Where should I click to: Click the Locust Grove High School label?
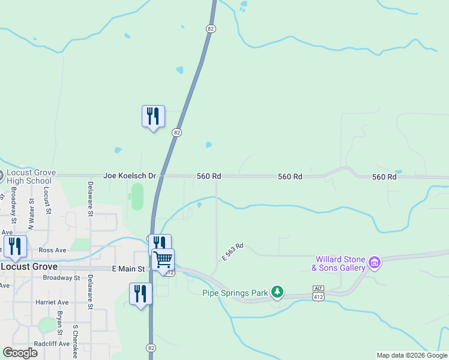click(x=31, y=176)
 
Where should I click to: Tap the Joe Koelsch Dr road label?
click(x=129, y=176)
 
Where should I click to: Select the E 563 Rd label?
click(x=232, y=251)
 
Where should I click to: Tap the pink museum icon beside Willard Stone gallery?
click(x=374, y=262)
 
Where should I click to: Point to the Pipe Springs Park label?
click(x=235, y=293)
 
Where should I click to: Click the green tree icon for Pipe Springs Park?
click(x=277, y=292)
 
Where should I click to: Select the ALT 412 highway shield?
click(x=318, y=293)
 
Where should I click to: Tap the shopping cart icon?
click(x=163, y=260)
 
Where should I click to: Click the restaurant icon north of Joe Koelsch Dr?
click(x=153, y=115)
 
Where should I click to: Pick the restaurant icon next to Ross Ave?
click(x=15, y=246)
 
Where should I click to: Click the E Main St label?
click(x=128, y=269)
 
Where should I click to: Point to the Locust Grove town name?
click(x=29, y=266)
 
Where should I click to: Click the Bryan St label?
click(x=59, y=323)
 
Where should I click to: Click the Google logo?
click(x=20, y=353)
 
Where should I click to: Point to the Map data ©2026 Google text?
click(x=411, y=355)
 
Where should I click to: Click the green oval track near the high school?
click(x=137, y=197)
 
